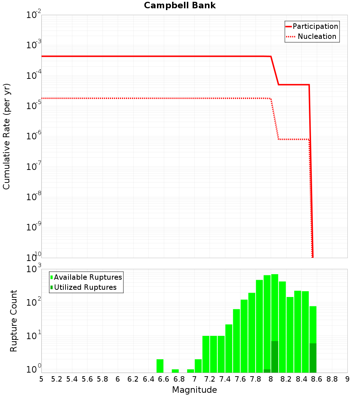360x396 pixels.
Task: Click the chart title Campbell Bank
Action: [x=180, y=5]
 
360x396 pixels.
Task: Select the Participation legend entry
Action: [x=315, y=27]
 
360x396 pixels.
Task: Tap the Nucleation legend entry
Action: [x=316, y=37]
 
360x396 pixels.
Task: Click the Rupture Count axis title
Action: [x=14, y=321]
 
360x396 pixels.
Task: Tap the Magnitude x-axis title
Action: [x=194, y=390]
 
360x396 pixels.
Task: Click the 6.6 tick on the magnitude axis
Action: [x=163, y=379]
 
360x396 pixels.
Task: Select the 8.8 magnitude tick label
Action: [x=332, y=379]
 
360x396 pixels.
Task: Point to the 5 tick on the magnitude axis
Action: [x=41, y=379]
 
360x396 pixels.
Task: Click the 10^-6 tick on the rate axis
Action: [x=34, y=136]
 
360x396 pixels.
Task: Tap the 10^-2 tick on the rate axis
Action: [x=34, y=15]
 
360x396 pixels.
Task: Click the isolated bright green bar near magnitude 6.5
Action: [x=160, y=366]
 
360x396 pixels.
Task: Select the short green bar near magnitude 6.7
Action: [x=175, y=371]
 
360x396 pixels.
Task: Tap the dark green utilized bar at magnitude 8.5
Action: [x=313, y=358]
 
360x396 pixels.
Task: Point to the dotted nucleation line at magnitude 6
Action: [x=118, y=98]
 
